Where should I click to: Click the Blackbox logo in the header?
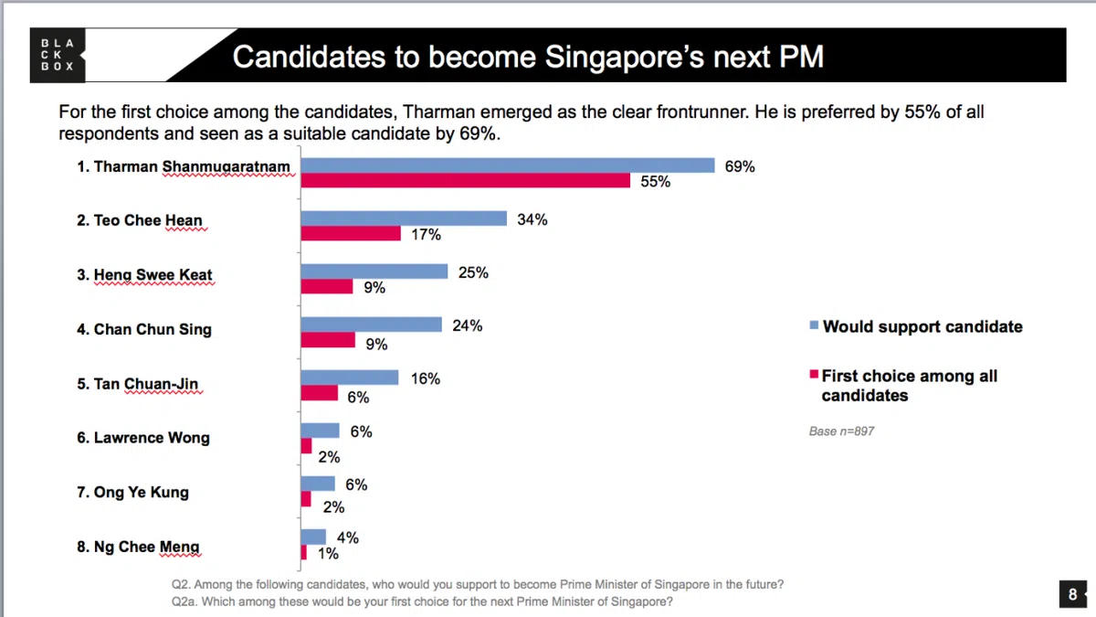57,55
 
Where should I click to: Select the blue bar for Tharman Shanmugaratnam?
508,165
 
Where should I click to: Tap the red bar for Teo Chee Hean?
351,234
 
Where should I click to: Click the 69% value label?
740,166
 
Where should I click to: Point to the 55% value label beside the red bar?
655,182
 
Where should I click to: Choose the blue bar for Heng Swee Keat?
374,272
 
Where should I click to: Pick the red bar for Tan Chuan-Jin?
320,393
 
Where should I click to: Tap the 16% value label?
425,378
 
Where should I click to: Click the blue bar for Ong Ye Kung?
318,484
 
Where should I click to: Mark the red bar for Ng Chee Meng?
304,552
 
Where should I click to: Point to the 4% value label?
347,538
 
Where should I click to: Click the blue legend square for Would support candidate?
812,325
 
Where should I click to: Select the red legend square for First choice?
812,375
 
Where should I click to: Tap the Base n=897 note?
841,431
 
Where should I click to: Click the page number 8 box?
1072,594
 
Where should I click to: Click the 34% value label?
532,219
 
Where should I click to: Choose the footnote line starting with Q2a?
423,601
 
